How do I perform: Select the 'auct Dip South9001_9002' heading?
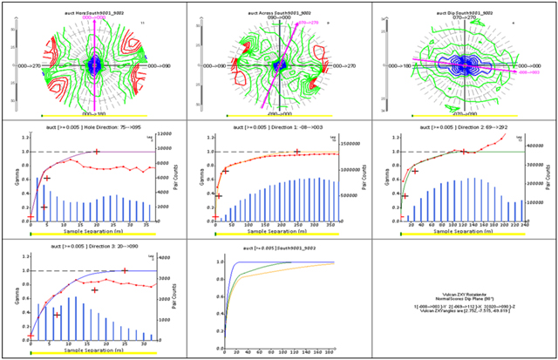pyautogui.click(x=464, y=14)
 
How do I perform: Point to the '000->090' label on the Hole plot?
pyautogui.click(x=161, y=65)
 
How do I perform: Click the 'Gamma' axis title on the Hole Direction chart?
pyautogui.click(x=21, y=179)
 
